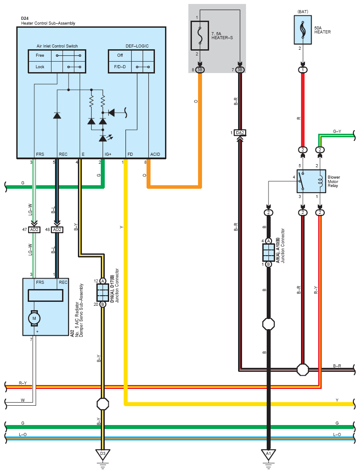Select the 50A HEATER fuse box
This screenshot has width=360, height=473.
pyautogui.click(x=302, y=30)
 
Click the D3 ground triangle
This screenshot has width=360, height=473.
pyautogui.click(x=103, y=454)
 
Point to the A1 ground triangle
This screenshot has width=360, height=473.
pyautogui.click(x=268, y=454)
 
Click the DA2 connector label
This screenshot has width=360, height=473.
pyautogui.click(x=239, y=132)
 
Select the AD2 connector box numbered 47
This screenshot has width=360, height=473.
pyautogui.click(x=34, y=230)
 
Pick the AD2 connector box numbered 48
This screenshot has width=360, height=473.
pyautogui.click(x=57, y=230)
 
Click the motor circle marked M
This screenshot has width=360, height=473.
pyautogui.click(x=34, y=317)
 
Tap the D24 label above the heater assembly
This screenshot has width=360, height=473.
pyautogui.click(x=25, y=18)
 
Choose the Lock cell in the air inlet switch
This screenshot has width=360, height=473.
pyautogui.click(x=40, y=67)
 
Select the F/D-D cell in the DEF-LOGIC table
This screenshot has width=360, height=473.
pyautogui.click(x=120, y=67)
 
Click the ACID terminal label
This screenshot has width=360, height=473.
pyautogui.click(x=154, y=154)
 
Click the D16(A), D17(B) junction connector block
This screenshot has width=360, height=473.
pyautogui.click(x=103, y=292)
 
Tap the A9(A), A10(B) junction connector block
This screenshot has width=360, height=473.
pyautogui.click(x=268, y=253)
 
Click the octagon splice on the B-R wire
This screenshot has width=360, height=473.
pyautogui.click(x=302, y=369)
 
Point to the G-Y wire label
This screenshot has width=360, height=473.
pyautogui.click(x=337, y=131)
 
